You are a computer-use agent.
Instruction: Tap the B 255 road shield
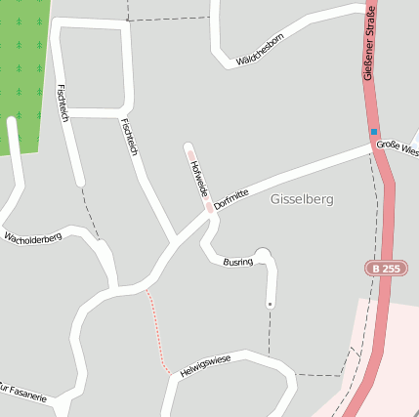coord(386,268)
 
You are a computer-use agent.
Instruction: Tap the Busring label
coord(237,262)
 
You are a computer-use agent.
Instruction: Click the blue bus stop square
coord(373,132)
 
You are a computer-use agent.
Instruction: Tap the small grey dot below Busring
coord(270,304)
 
